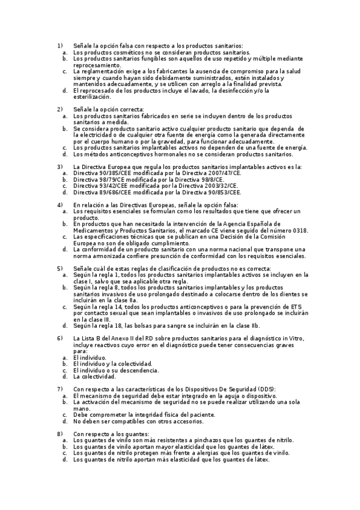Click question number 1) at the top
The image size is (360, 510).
pyautogui.click(x=59, y=46)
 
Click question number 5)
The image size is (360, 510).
pyautogui.click(x=59, y=268)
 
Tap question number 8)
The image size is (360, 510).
pyautogui.click(x=59, y=434)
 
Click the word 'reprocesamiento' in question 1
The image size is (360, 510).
pyautogui.click(x=97, y=65)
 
